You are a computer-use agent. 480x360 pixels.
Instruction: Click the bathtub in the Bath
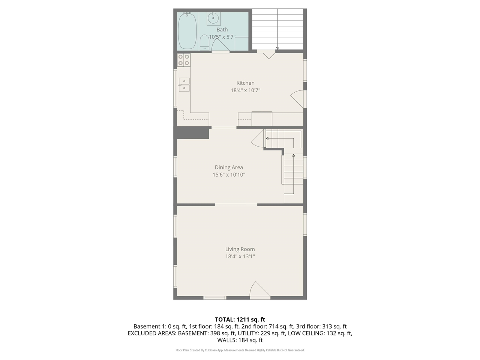(x=187, y=31)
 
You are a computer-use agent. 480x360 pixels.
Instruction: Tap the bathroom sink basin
(x=214, y=18)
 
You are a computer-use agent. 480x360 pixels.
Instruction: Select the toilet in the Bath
(x=204, y=42)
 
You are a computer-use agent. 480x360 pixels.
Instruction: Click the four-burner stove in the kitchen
(x=184, y=60)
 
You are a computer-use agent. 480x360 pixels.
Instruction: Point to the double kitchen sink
(x=184, y=85)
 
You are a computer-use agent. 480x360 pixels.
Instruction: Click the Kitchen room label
(x=245, y=83)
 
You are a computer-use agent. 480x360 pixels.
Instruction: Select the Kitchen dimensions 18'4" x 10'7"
(x=245, y=90)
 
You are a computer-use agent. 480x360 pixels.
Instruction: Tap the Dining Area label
(x=229, y=167)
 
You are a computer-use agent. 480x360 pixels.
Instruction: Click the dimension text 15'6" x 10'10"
(x=229, y=175)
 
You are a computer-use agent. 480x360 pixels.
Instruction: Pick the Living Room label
(x=240, y=249)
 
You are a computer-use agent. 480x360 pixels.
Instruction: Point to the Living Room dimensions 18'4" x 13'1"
(x=240, y=256)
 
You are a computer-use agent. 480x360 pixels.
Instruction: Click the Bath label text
(x=222, y=29)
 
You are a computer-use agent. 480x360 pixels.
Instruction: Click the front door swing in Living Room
(x=259, y=290)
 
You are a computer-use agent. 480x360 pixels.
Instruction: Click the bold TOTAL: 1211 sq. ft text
(x=240, y=319)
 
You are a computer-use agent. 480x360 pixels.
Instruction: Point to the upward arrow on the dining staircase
(x=294, y=155)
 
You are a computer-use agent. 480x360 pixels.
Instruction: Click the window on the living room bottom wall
(x=215, y=298)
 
